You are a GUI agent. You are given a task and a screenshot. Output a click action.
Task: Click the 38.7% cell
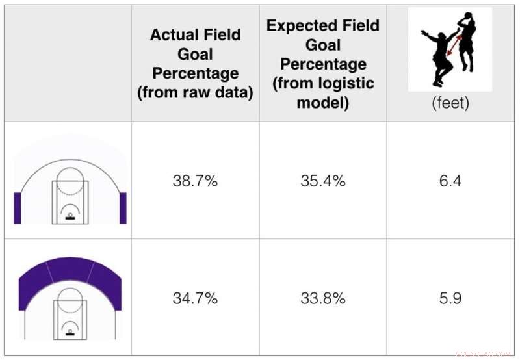pos(195,181)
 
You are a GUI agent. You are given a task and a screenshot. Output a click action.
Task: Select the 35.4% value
pos(322,181)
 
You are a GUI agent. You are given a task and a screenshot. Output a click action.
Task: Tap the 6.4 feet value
pos(450,181)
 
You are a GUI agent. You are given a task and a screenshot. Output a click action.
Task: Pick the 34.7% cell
pos(195,300)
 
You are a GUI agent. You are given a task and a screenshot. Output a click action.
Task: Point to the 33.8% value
pos(322,300)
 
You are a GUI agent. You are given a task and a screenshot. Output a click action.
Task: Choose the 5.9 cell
pos(450,300)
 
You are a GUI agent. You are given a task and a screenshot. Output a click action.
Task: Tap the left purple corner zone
pos(18,207)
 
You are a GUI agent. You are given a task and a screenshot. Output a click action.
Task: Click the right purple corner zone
pos(123,207)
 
